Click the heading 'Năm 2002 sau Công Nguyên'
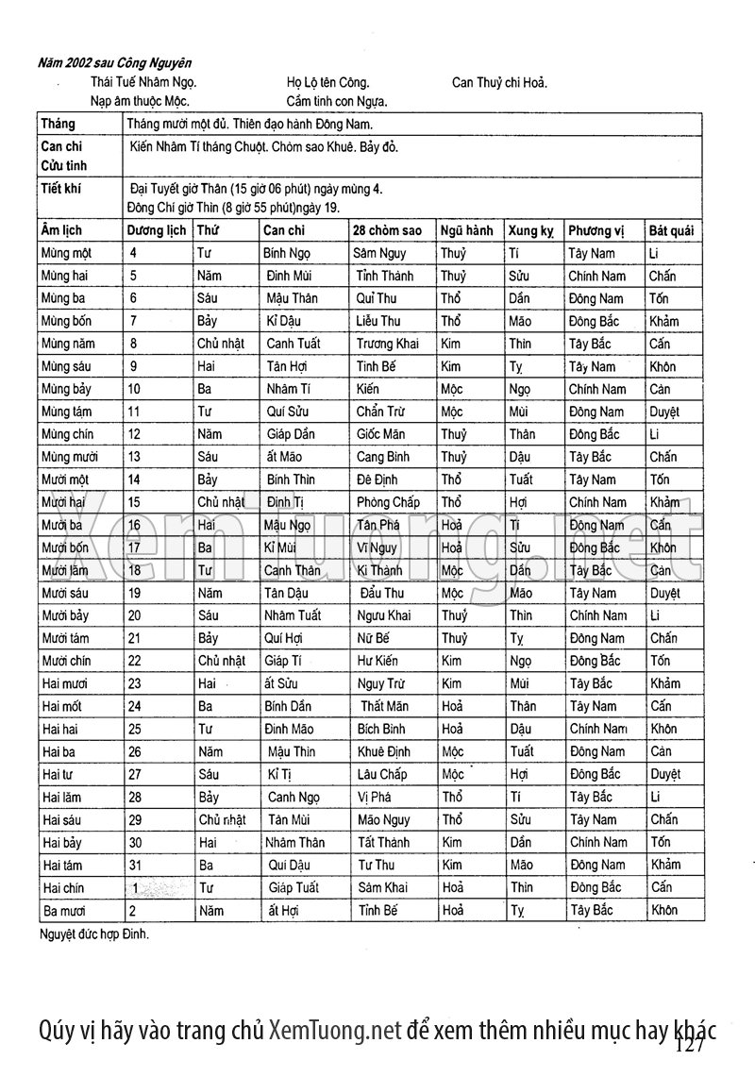(115, 63)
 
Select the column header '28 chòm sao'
(387, 230)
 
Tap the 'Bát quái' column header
(671, 230)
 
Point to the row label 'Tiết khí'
(60, 189)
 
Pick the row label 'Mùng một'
(66, 253)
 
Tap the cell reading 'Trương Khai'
(388, 344)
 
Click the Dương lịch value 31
(138, 865)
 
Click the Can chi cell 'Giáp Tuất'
(294, 887)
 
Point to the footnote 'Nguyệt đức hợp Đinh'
(94, 934)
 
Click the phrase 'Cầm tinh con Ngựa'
(337, 100)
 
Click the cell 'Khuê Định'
(384, 751)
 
